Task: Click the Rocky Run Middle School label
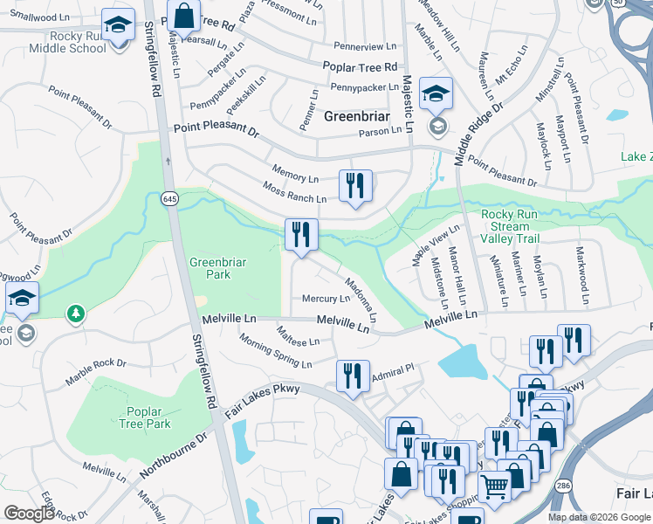click(65, 42)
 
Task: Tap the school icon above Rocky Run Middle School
click(117, 25)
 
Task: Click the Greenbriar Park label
click(210, 267)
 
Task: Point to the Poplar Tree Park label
click(146, 417)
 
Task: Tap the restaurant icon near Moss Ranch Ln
click(354, 186)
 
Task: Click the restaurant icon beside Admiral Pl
click(353, 376)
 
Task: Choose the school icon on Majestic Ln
click(436, 93)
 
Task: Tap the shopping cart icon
click(494, 486)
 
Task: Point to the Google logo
click(29, 514)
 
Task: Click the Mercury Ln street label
click(326, 299)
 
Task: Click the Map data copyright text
click(599, 517)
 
